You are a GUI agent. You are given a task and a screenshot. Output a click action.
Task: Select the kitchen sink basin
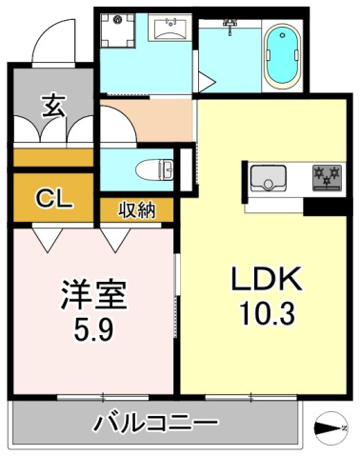pos(270,177)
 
